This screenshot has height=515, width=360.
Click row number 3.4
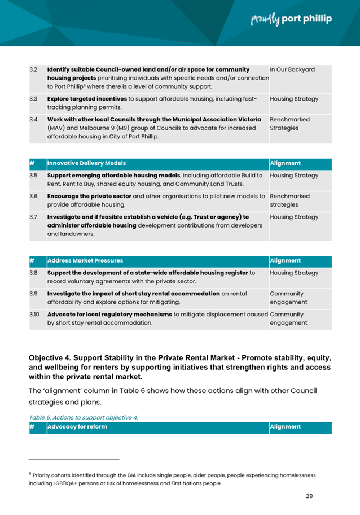33,120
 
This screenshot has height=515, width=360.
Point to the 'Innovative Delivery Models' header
87,163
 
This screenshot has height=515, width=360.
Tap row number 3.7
33,217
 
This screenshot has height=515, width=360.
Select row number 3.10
34,314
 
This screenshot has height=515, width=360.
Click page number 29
309,496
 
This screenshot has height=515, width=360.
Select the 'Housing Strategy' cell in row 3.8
294,273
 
